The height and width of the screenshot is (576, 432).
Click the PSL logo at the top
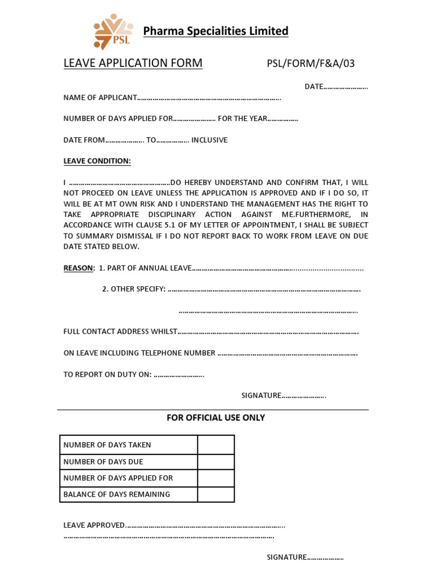point(113,31)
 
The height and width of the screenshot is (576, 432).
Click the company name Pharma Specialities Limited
point(215,31)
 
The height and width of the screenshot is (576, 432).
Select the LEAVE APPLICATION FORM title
point(133,63)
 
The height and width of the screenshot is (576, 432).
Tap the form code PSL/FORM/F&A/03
point(310,64)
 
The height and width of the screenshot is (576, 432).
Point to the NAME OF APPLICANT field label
point(100,98)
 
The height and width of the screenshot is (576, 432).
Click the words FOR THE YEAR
point(242,119)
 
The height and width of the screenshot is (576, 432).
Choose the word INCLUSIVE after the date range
point(209,140)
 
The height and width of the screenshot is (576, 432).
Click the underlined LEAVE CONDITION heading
point(97,161)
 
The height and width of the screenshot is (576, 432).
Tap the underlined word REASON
point(78,268)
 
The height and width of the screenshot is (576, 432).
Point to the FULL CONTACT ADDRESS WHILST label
point(120,332)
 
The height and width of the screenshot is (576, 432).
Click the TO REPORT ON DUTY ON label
point(107,375)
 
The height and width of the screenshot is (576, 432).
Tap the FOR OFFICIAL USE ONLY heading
point(215,418)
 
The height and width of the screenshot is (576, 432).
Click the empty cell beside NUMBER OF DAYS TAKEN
point(215,445)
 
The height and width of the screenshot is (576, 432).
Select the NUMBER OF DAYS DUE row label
point(103,462)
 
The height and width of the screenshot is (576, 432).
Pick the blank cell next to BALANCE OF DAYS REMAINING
point(215,494)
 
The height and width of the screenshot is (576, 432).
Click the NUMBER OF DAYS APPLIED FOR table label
point(118,478)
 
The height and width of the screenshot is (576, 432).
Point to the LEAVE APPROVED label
point(94,525)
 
